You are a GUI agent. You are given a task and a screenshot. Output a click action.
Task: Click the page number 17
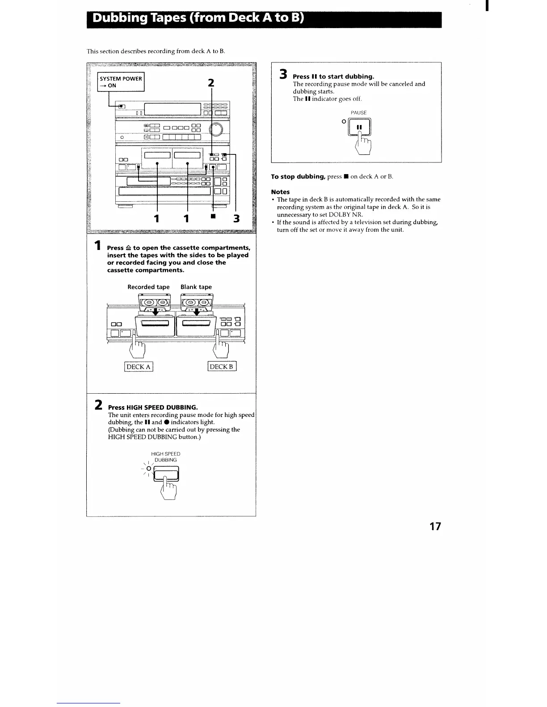[x=435, y=526]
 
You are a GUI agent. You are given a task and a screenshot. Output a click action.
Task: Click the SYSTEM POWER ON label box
[x=121, y=82]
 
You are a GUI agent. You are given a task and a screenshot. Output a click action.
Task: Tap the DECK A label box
[x=139, y=367]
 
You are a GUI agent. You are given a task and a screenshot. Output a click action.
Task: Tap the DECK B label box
[x=222, y=367]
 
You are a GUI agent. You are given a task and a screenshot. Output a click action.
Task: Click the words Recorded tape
[x=148, y=287]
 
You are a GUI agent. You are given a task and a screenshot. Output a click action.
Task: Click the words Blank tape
[x=196, y=287]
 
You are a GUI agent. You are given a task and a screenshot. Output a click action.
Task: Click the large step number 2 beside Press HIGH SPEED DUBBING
[x=99, y=405]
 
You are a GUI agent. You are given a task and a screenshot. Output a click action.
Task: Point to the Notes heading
[x=280, y=192]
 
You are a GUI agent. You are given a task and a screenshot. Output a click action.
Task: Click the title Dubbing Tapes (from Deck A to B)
[x=198, y=19]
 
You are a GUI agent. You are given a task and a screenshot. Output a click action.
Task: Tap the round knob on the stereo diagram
[x=218, y=129]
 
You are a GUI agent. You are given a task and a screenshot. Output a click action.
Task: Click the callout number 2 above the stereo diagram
[x=211, y=83]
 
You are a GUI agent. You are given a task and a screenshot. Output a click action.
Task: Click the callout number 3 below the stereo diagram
[x=236, y=219]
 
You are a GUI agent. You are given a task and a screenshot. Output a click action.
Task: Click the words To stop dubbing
[x=298, y=177]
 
